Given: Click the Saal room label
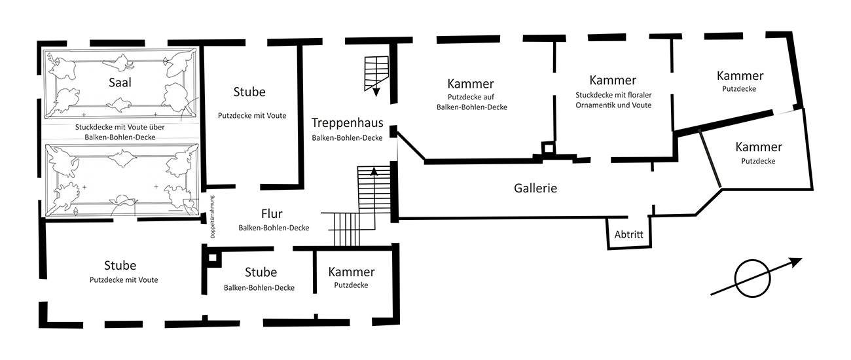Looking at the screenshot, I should click(120, 82).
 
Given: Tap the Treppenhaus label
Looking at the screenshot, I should click(347, 122).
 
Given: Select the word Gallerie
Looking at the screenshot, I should click(535, 188).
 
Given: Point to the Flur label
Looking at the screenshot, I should click(272, 214).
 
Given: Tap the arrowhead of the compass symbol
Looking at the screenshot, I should click(796, 262).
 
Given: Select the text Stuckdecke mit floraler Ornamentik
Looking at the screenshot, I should click(613, 99).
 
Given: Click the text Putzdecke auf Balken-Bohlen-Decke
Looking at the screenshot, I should click(471, 102).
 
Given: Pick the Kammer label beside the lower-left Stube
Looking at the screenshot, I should click(352, 272).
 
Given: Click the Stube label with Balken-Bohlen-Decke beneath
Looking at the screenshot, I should click(261, 272).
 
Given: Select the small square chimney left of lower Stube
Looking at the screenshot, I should click(211, 258).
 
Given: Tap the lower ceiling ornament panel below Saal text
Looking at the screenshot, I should click(120, 180).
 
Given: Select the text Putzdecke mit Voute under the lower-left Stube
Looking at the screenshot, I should click(124, 280).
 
